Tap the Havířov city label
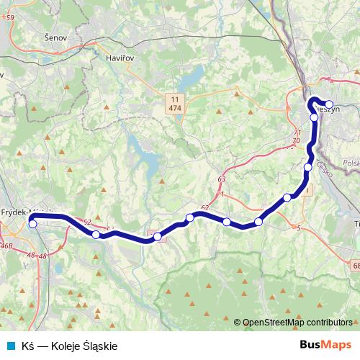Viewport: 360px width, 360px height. pyautogui.click(x=120, y=57)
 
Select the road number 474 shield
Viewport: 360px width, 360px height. pyautogui.click(x=174, y=107)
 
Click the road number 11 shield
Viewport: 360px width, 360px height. pyautogui.click(x=174, y=99)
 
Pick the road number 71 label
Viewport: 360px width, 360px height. pyautogui.click(x=297, y=133)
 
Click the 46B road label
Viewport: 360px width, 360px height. pyautogui.click(x=6, y=246)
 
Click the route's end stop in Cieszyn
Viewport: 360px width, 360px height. pyautogui.click(x=329, y=104)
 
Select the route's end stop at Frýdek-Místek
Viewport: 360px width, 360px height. pyautogui.click(x=32, y=223)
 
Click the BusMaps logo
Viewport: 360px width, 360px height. pyautogui.click(x=325, y=346)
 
